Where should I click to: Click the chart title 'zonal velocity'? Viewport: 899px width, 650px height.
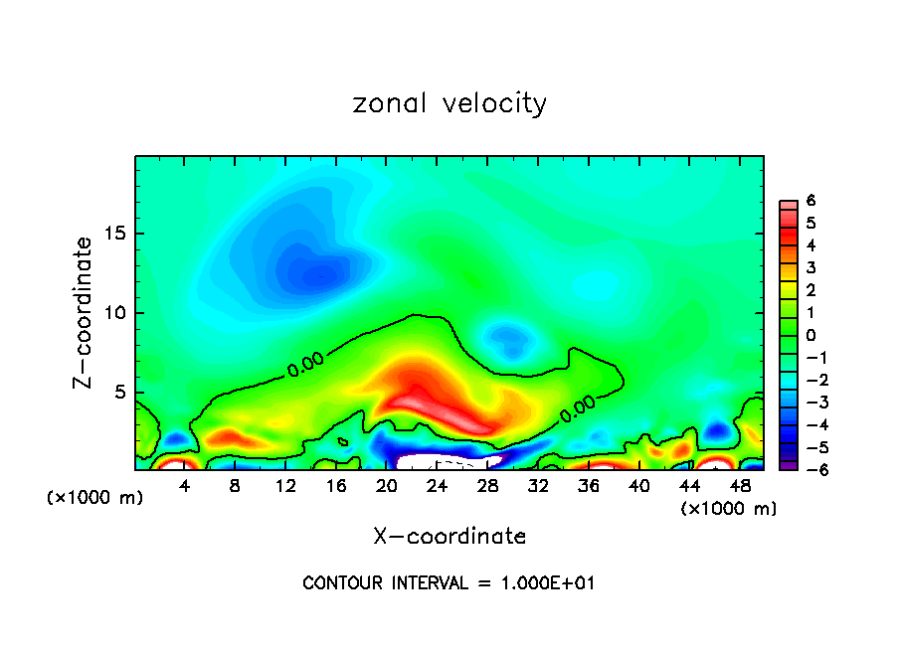449,103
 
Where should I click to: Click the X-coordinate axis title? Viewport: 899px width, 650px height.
449,537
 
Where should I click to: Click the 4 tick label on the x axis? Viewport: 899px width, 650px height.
185,486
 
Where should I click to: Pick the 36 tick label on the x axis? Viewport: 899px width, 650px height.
588,486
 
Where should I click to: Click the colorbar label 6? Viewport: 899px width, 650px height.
811,201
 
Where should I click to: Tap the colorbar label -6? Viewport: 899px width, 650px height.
808,469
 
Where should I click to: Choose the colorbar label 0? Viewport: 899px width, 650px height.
811,335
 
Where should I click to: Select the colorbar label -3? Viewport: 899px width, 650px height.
808,403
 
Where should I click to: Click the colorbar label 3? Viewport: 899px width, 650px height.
811,267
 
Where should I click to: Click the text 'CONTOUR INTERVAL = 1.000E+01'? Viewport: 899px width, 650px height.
449,583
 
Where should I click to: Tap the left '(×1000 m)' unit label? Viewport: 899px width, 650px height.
95,498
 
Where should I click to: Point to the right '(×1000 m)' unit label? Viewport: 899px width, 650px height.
728,509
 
